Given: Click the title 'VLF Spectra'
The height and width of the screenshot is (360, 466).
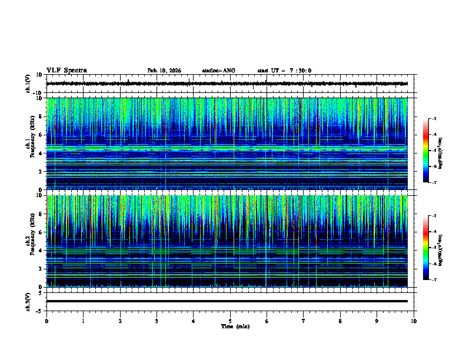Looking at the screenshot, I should [x=66, y=71].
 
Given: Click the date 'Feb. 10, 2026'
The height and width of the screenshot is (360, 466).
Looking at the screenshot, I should [x=164, y=71].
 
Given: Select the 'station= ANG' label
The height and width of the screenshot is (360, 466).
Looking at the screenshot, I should [x=218, y=71].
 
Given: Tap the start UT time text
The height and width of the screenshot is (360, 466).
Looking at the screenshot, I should [x=284, y=71].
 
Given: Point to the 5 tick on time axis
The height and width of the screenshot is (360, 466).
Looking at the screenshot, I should [x=230, y=321].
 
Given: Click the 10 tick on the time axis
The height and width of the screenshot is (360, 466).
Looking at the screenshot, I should [x=414, y=321].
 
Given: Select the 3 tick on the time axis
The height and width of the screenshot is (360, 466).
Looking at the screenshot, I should [x=157, y=321].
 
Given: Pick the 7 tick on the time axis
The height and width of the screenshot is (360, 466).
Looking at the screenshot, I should [x=304, y=321].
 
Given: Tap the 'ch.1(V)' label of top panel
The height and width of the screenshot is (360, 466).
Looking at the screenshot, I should [x=28, y=84].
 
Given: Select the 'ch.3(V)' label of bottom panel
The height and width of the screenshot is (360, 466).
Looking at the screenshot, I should [x=28, y=301].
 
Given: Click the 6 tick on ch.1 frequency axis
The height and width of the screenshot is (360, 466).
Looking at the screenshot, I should [x=41, y=135].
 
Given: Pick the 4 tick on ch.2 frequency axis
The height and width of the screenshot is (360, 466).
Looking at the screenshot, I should [x=41, y=251].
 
